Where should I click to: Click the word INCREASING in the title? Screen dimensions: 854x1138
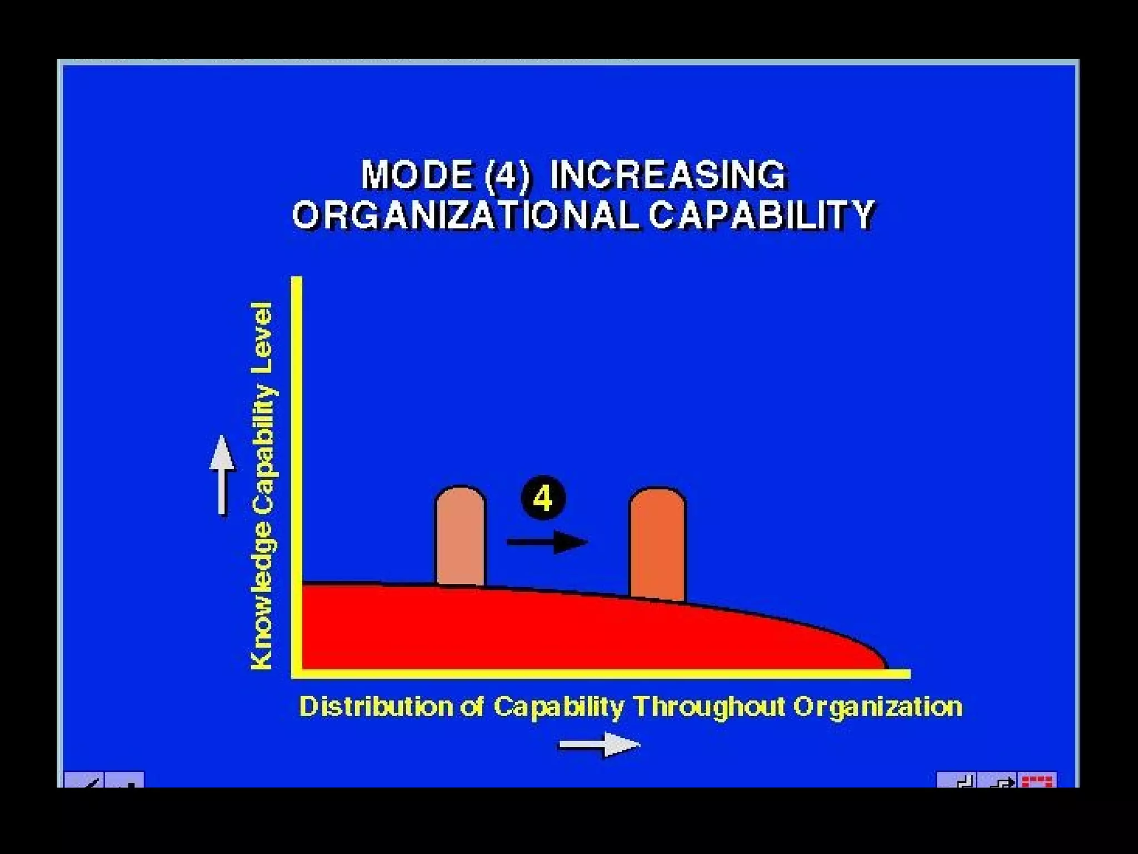tap(668, 175)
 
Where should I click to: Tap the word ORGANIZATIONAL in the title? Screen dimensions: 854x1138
tap(465, 215)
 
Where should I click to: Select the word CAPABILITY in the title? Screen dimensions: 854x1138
tap(762, 215)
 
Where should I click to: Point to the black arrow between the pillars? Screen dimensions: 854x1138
tap(547, 542)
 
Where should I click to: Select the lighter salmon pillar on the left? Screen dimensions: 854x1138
tap(460, 536)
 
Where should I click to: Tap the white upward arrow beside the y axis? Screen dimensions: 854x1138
tap(222, 475)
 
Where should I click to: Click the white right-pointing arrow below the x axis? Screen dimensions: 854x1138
tap(599, 744)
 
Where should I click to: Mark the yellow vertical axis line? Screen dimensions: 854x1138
tap(297, 473)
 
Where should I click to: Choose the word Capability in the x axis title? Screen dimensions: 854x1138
tap(558, 707)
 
